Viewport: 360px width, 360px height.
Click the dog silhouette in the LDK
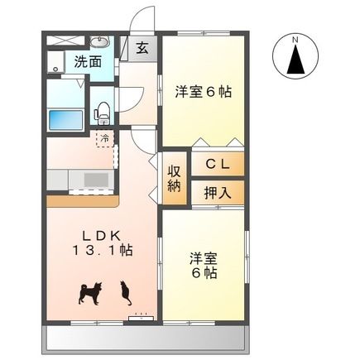pos(89,292)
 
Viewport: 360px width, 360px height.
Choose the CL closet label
pos(218,164)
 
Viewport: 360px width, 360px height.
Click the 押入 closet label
pos(219,192)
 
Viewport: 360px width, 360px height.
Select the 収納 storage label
pos(175,179)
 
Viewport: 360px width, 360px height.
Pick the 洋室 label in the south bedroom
pos(204,257)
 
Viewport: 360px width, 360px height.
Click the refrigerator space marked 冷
pos(105,138)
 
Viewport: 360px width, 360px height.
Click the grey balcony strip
pos(144,336)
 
